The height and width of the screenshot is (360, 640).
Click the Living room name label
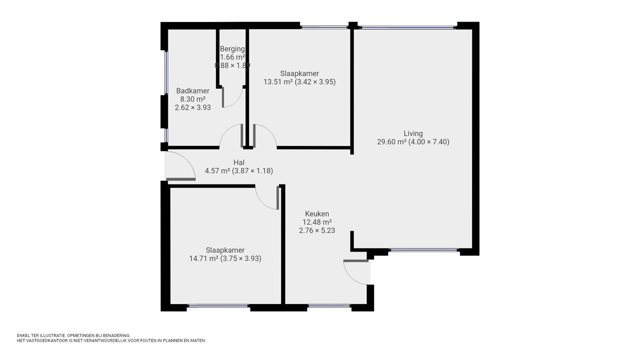click(413, 134)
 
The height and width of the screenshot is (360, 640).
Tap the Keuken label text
click(317, 214)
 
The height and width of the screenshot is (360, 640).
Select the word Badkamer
click(193, 91)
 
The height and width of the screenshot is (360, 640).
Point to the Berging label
click(232, 49)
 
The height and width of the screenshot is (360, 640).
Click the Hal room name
click(239, 162)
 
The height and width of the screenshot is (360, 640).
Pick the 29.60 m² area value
click(392, 142)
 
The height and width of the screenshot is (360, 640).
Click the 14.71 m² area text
click(204, 259)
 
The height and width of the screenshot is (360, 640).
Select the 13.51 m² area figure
click(278, 82)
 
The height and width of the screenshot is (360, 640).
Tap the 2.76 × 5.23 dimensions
click(317, 230)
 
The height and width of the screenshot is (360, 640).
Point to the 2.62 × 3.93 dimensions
click(193, 108)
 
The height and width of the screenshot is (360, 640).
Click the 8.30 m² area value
click(193, 99)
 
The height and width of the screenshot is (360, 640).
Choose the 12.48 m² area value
click(317, 222)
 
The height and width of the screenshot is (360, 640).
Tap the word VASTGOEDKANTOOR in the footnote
click(47, 341)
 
